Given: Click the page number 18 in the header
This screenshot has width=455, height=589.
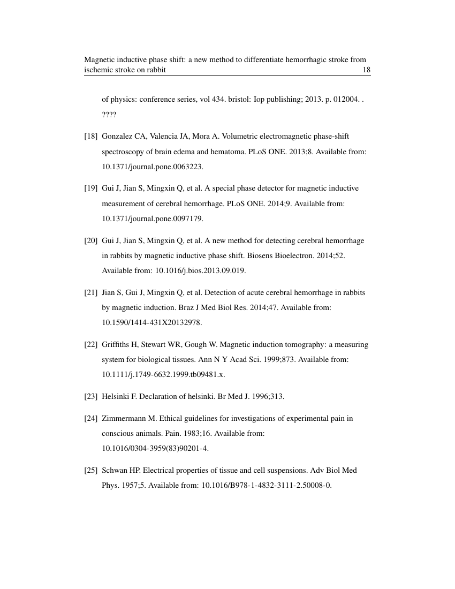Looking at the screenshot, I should [x=367, y=70].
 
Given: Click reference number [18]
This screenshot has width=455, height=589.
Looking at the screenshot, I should [x=90, y=137].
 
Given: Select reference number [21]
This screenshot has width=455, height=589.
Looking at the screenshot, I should [x=90, y=293].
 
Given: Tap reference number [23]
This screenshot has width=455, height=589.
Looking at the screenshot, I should [x=90, y=397].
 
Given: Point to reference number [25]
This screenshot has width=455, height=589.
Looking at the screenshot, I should [x=90, y=471].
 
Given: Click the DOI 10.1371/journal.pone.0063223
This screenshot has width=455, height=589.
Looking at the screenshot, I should [x=153, y=167].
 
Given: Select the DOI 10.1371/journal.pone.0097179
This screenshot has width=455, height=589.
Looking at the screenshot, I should [x=153, y=218].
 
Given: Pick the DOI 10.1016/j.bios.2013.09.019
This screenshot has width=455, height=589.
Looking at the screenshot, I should [x=200, y=270].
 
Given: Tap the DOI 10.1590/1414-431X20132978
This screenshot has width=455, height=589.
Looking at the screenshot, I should [x=151, y=322].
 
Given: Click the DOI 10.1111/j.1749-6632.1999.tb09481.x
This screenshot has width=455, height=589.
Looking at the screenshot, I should [x=163, y=375].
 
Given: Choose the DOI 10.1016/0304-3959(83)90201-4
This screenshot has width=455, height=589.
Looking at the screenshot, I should [x=155, y=448].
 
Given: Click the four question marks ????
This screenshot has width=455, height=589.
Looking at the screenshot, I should [x=109, y=115].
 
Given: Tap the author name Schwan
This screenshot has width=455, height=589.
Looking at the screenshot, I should [x=114, y=471].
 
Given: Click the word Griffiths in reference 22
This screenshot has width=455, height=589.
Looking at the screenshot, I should [x=117, y=345].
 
